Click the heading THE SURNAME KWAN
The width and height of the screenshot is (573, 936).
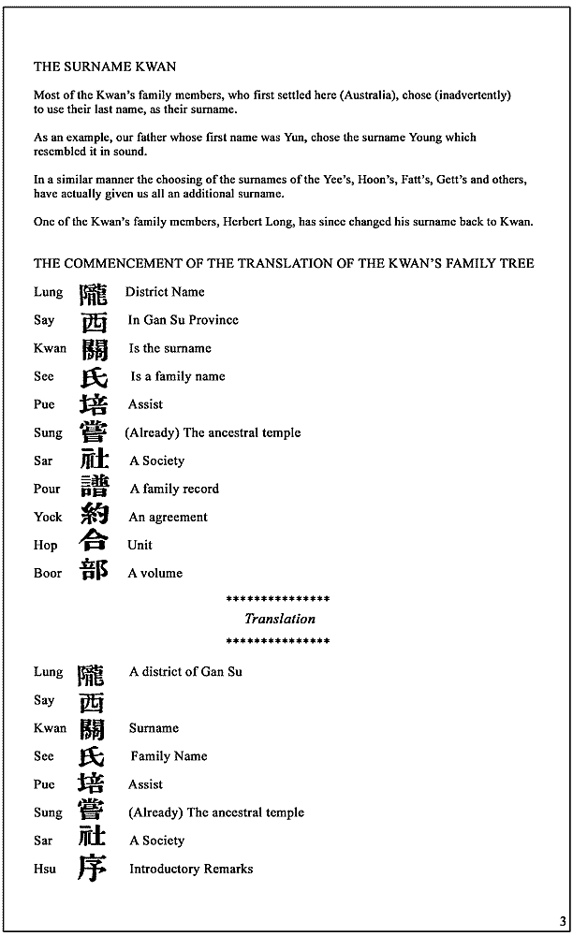pos(105,66)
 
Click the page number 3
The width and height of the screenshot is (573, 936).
pos(563,921)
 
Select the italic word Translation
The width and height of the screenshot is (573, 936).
pos(280,619)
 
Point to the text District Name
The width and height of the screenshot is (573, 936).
pos(165,292)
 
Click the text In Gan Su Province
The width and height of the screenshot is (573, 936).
pos(184,320)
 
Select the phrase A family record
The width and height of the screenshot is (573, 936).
pos(174,489)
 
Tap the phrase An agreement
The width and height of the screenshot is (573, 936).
pos(169,517)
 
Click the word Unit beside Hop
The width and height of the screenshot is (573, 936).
pos(140,545)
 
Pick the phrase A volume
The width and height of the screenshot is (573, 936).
pos(155,573)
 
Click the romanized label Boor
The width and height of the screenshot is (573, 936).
pos(48,573)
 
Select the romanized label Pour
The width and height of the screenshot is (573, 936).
pos(47,489)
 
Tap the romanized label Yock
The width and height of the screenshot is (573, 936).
pos(48,517)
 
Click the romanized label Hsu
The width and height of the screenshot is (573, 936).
pos(45,869)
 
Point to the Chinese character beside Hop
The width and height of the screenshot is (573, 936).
pos(94,543)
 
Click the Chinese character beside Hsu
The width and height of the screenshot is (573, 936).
pos(92,868)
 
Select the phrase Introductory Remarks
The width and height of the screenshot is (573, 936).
pos(191,869)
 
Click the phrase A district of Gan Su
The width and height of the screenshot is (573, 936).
pos(185,672)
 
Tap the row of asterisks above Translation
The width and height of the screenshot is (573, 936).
pos(278,598)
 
